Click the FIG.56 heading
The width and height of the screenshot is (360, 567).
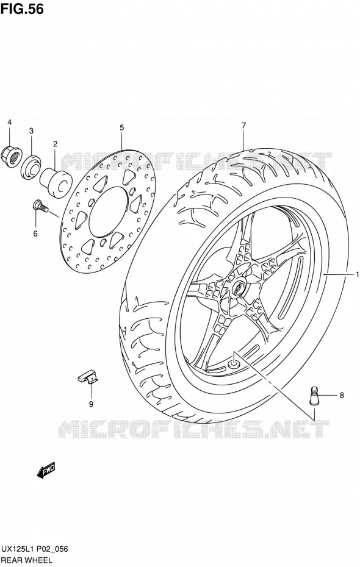(x=22, y=9)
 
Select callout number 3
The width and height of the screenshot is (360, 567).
(x=31, y=130)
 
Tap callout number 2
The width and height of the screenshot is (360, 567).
(x=56, y=144)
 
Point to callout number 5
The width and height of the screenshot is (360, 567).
(x=122, y=127)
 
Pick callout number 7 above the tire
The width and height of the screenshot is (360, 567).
(x=244, y=126)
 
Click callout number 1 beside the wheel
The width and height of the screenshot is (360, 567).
(x=357, y=275)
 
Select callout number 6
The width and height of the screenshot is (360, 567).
(x=35, y=234)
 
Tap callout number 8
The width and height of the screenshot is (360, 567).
(x=342, y=395)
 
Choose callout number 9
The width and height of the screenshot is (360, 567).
(x=91, y=404)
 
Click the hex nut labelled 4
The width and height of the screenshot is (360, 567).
(x=12, y=154)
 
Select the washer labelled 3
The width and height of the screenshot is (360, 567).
(x=31, y=166)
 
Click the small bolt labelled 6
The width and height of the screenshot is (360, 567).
(x=40, y=207)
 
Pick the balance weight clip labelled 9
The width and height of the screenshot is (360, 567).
(x=88, y=377)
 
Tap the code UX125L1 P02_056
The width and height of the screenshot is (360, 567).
(x=34, y=550)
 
